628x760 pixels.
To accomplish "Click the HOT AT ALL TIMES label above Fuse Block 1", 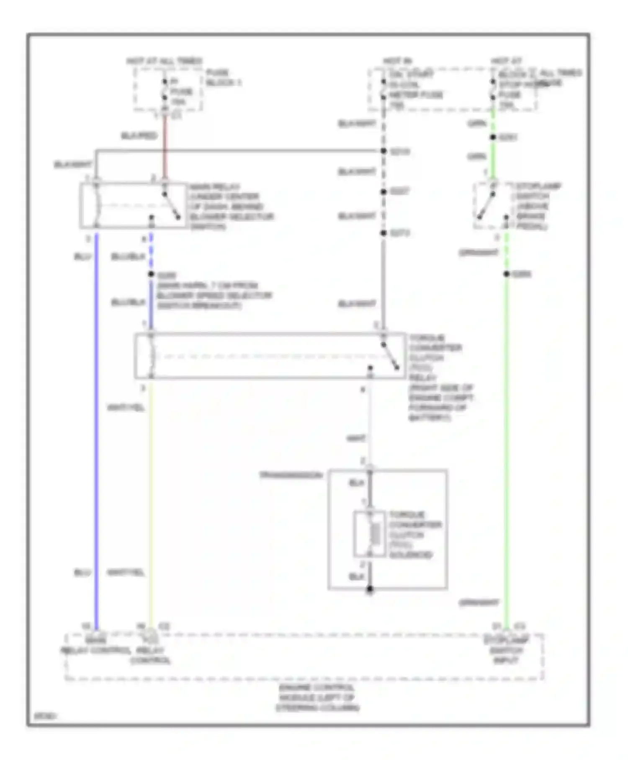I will click(164, 61).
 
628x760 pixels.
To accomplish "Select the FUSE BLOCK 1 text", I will click(223, 78).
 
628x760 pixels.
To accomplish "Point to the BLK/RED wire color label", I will click(139, 136).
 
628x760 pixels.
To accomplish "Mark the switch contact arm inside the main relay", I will click(171, 206).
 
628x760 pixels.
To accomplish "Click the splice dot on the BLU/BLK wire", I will click(151, 274).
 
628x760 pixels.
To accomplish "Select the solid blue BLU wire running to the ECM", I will click(96, 419).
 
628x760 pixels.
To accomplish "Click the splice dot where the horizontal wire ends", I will click(383, 151).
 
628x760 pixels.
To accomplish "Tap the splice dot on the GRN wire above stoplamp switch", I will click(493, 137).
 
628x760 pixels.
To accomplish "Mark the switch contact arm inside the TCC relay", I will click(390, 357).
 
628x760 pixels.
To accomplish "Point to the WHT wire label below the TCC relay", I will click(356, 439).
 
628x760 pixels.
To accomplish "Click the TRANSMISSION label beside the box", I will click(291, 475).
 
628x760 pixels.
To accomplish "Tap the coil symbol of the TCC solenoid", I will click(376, 534).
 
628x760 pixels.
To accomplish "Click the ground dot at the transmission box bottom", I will click(370, 589).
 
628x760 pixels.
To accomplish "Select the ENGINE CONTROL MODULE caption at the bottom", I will click(317, 698).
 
